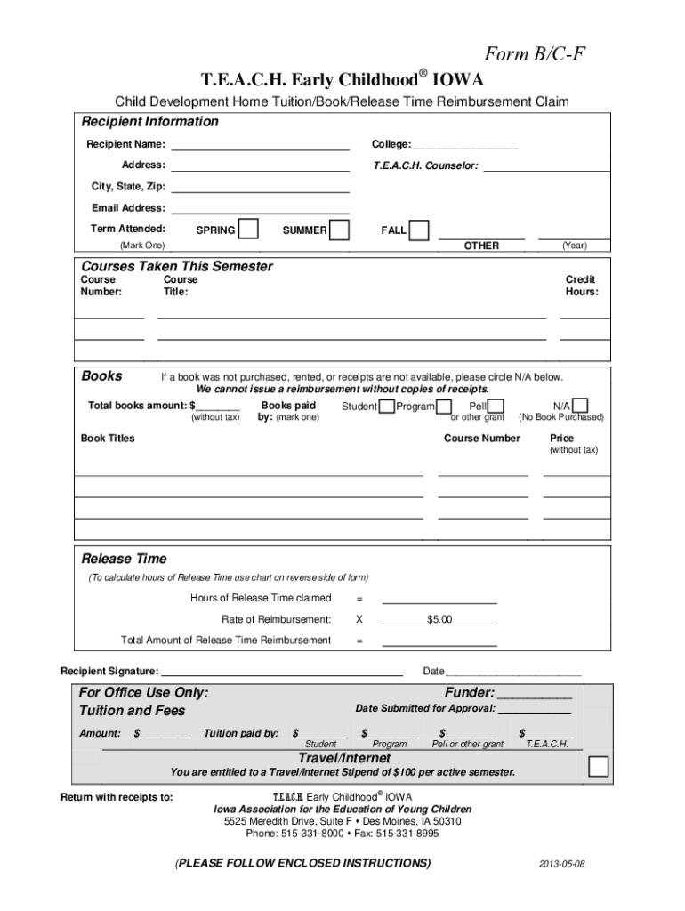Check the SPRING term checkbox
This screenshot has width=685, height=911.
point(249,230)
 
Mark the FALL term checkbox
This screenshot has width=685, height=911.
point(419,230)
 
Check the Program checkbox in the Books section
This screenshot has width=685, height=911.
point(443,407)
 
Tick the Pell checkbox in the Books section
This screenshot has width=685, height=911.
point(496,407)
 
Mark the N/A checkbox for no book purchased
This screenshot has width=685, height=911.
point(580,407)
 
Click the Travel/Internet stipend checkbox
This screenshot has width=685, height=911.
point(599,766)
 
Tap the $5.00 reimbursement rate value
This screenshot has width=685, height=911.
point(439,619)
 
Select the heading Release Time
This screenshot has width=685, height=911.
point(124,559)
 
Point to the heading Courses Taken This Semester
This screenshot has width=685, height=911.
point(177,266)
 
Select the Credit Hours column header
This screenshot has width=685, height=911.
point(581,286)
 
